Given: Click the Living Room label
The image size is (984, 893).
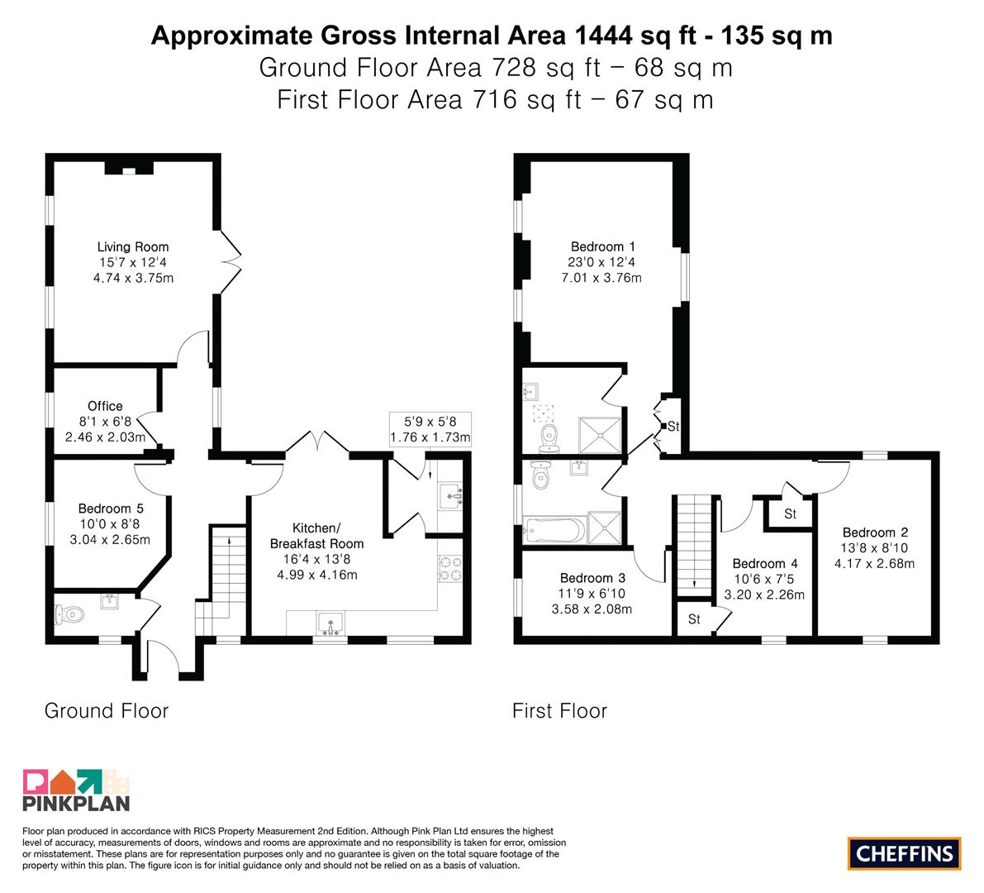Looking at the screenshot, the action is coord(132,246).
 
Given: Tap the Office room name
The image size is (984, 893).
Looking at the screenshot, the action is coord(105,406).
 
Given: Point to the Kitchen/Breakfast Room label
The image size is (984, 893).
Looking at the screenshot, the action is coord(316,536).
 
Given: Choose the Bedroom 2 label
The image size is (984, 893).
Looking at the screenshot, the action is coord(875,532).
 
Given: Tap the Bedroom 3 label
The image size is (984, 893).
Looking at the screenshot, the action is coord(592,578).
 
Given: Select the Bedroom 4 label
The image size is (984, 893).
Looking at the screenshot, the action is coord(765,563).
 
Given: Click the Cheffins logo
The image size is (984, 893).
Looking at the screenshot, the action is coord(905,853).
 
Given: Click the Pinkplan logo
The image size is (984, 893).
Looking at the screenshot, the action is coord(76,790).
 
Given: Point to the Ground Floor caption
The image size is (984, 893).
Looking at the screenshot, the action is coord(107,711).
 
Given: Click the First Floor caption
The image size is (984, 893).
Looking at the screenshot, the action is coord(560,711).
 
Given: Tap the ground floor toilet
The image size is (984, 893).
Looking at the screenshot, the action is coord(69,614).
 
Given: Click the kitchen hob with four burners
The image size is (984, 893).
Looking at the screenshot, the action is coord(449,569).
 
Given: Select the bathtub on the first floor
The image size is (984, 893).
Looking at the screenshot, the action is coord(554,531).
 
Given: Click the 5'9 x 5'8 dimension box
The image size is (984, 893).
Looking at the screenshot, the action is coord(430,429).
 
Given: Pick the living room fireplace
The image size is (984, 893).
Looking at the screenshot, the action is coord(129,168).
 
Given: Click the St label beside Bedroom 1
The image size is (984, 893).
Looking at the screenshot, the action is coord(673,427).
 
